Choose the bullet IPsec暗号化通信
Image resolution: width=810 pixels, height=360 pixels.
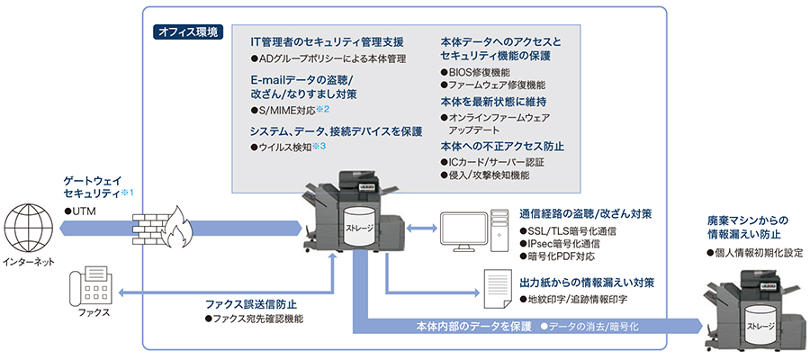571,244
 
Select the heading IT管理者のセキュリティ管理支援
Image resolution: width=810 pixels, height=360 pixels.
327,42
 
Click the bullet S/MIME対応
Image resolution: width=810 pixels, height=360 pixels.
286,110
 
